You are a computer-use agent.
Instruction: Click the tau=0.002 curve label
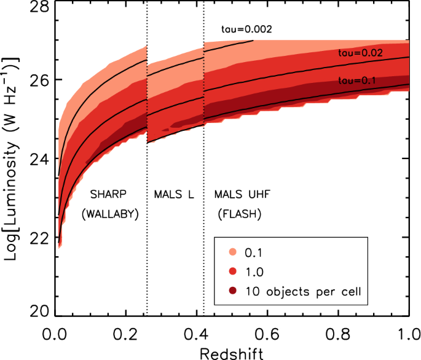tap(246, 29)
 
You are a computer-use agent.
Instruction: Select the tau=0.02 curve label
tap(361, 53)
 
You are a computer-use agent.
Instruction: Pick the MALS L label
tap(174, 194)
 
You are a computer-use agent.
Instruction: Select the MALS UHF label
tap(242, 194)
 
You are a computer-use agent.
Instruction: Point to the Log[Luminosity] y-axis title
tap(12, 159)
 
